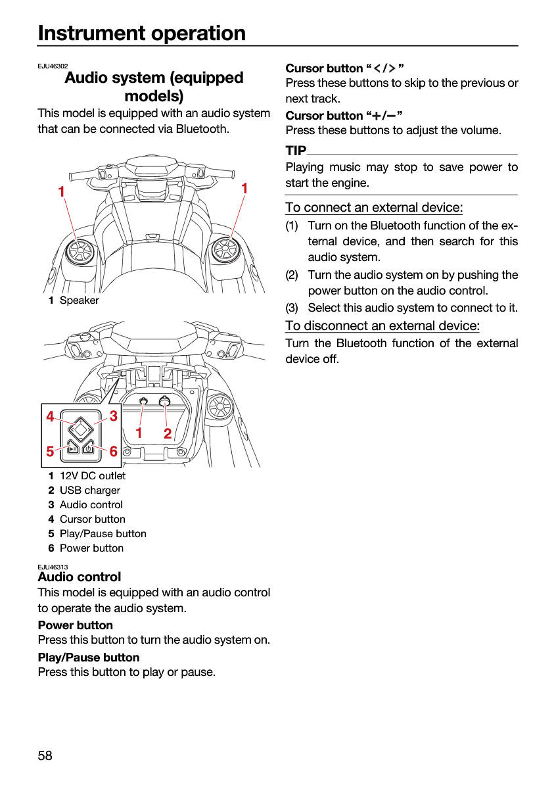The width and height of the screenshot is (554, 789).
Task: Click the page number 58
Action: pyautogui.click(x=45, y=755)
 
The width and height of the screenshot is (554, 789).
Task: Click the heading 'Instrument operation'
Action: pyautogui.click(x=141, y=33)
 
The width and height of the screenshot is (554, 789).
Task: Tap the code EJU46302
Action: pyautogui.click(x=53, y=66)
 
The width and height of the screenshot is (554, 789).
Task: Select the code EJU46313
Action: pyautogui.click(x=53, y=567)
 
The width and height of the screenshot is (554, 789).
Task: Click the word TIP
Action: pyautogui.click(x=296, y=151)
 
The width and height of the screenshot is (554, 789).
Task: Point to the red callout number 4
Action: pyautogui.click(x=51, y=416)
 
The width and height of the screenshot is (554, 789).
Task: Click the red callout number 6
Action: pyautogui.click(x=113, y=451)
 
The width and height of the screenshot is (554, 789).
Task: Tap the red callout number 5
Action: pyautogui.click(x=51, y=451)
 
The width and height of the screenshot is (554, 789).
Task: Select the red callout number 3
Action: pyautogui.click(x=113, y=416)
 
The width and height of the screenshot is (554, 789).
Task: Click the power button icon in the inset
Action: pyautogui.click(x=88, y=448)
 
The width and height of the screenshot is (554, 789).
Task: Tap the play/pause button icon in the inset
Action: pyautogui.click(x=73, y=448)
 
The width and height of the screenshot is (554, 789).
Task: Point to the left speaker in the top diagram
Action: pyautogui.click(x=80, y=251)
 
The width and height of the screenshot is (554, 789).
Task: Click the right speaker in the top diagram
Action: pyautogui.click(x=224, y=249)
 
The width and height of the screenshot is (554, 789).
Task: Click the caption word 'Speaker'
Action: pyautogui.click(x=80, y=300)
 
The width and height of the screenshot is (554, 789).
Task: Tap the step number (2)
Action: pyautogui.click(x=292, y=275)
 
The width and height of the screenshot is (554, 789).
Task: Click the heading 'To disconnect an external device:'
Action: pyautogui.click(x=382, y=326)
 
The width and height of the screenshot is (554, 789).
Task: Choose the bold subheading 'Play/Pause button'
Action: pyautogui.click(x=89, y=657)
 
